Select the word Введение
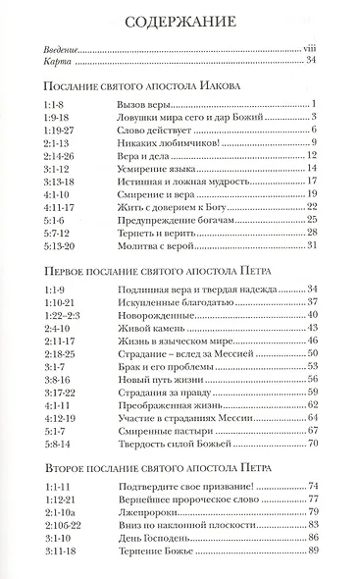62,46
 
